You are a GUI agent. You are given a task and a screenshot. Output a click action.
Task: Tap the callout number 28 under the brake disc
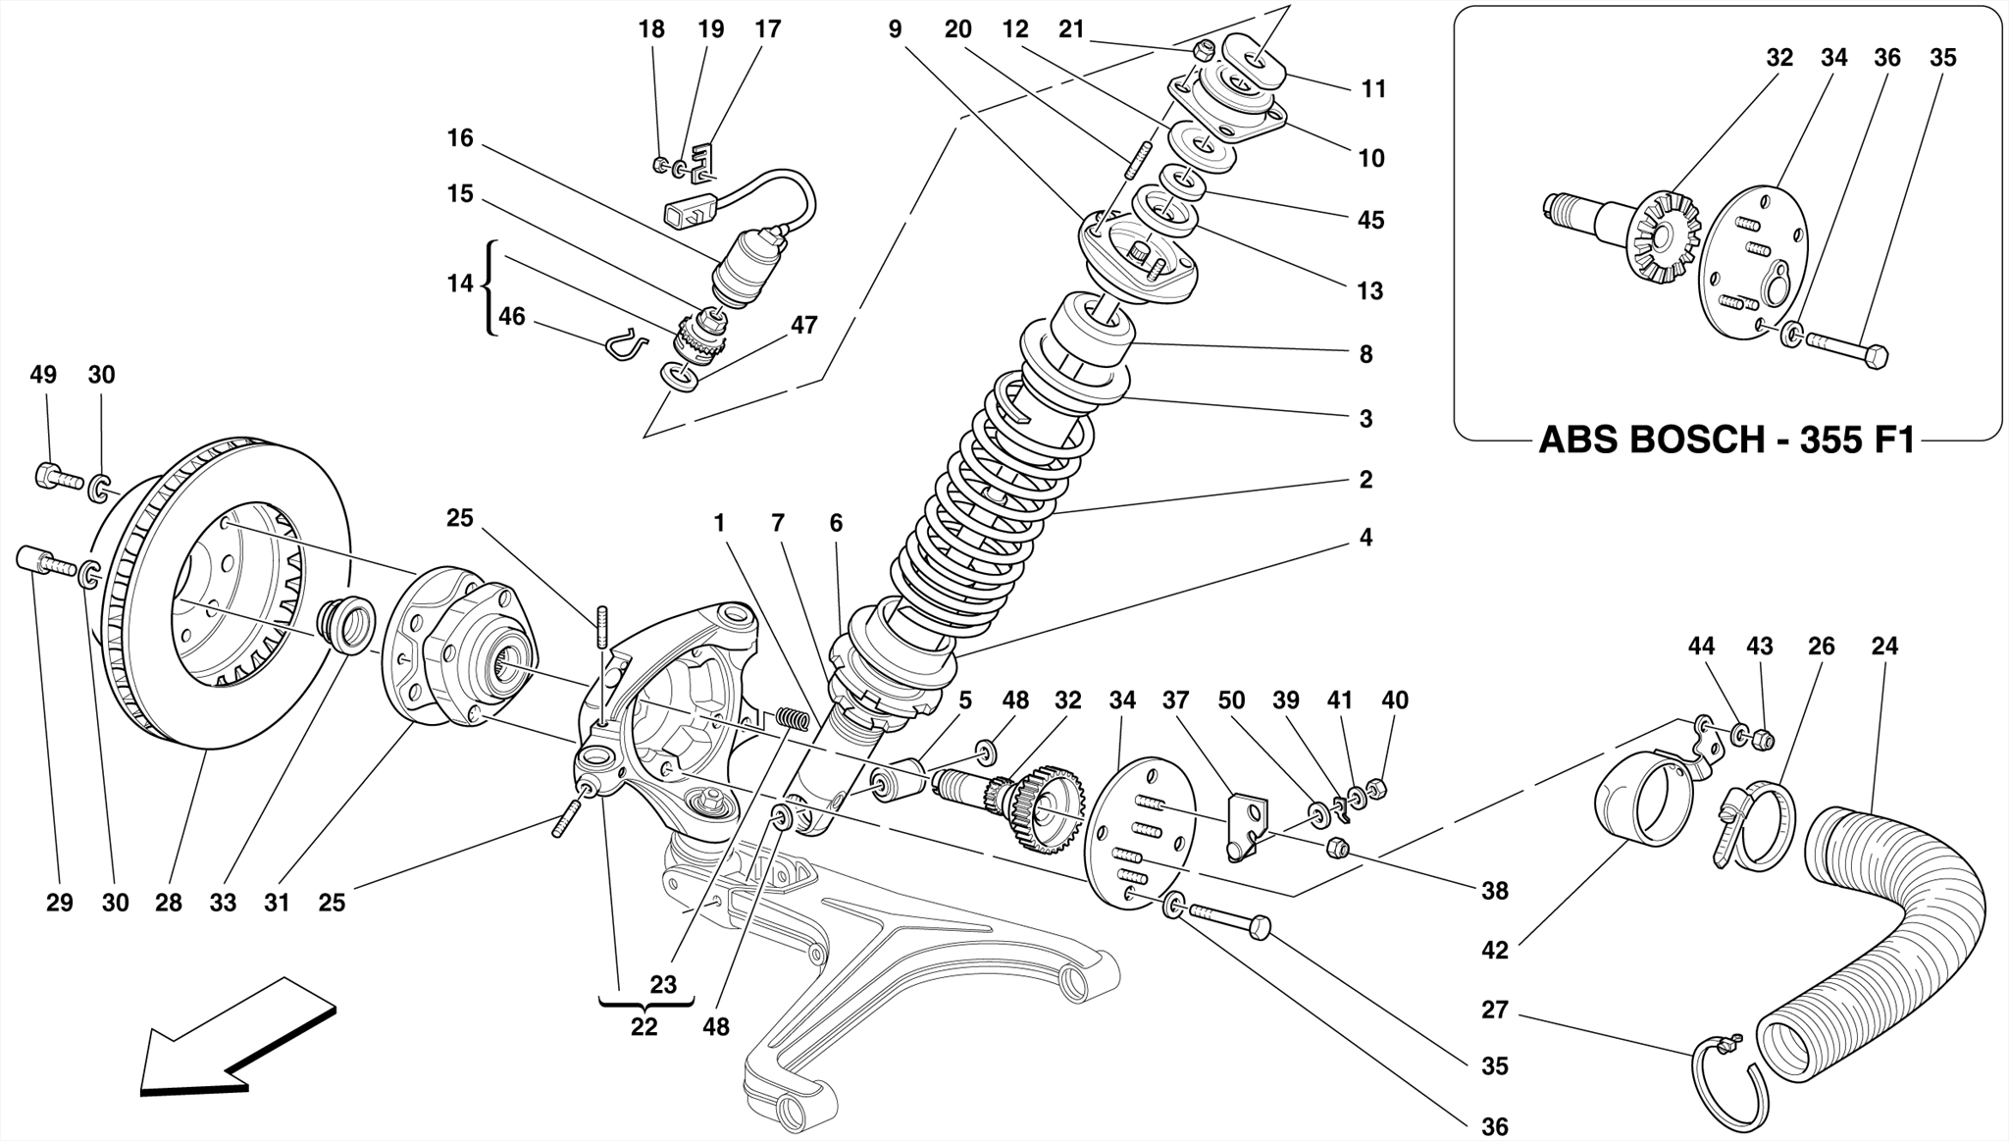point(169,903)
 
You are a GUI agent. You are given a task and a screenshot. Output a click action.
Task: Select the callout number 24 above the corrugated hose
point(1883,647)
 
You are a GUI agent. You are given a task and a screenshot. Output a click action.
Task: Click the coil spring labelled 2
point(991,491)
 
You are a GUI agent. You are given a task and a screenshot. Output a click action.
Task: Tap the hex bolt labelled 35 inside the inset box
point(1844,350)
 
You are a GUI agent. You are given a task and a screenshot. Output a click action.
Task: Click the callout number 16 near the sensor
point(460,138)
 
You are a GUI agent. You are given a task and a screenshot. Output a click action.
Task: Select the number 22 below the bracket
point(644,1027)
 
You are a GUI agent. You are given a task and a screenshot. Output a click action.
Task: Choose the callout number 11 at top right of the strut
point(1373,89)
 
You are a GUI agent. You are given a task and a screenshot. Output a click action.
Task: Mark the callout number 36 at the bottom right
point(1494,1127)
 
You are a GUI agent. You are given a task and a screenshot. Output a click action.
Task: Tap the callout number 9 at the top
point(895,29)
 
